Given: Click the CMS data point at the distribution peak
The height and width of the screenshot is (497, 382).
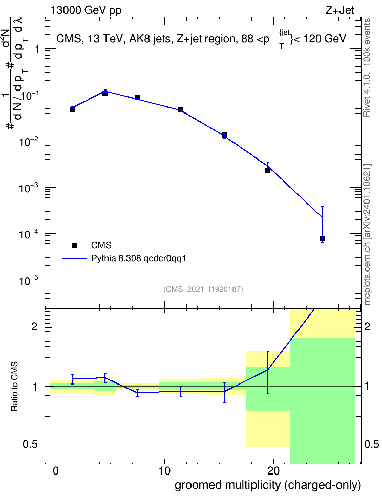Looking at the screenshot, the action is click(105, 93).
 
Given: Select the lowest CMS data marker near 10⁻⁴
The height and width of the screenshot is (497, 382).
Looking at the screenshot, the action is click(322, 238).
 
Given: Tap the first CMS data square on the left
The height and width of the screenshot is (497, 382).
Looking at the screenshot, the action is click(72, 109).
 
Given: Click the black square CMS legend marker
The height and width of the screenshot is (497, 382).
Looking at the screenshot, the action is click(74, 245).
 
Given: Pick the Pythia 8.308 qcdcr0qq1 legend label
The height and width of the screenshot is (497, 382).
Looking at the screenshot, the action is click(138, 258).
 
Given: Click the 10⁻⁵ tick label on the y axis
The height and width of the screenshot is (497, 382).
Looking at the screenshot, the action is click(29, 280).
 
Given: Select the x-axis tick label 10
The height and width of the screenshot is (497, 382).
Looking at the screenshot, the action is click(164, 471).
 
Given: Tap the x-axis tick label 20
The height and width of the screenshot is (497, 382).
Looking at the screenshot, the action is click(273, 471).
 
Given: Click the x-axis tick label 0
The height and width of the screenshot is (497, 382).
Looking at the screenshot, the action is click(56, 471).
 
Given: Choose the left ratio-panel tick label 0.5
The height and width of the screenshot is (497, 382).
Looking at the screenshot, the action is click(30, 445).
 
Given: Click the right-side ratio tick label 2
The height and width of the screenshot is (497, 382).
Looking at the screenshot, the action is click(367, 326).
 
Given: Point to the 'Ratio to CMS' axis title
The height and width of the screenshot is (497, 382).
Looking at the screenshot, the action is click(14, 387).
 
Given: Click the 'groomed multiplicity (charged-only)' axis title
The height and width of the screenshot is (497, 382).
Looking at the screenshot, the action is click(268, 485).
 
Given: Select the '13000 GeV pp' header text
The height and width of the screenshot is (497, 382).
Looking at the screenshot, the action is click(86, 10).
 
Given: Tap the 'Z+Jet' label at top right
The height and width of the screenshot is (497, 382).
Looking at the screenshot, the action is click(340, 10).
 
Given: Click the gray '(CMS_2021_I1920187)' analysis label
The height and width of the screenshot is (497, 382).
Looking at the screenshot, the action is click(203, 289).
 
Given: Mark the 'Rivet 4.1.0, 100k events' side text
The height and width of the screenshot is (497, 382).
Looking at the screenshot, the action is click(367, 67).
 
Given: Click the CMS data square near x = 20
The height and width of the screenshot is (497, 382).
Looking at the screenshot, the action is click(268, 170).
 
